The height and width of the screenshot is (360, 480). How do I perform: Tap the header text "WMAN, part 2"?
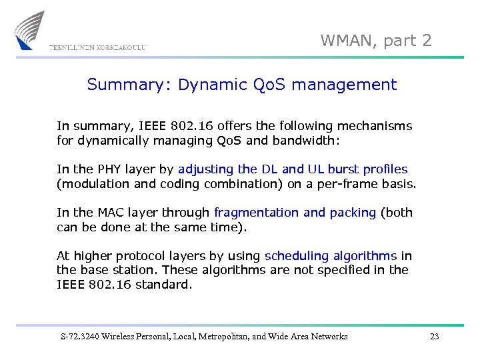tap(376, 41)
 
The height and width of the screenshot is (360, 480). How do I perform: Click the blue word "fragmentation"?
tap(257, 212)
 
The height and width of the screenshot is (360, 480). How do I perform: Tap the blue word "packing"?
tap(351, 212)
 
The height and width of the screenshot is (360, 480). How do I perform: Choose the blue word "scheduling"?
tap(297, 255)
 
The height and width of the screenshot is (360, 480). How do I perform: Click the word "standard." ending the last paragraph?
tap(163, 285)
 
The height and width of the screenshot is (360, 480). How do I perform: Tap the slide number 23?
tap(434, 337)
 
